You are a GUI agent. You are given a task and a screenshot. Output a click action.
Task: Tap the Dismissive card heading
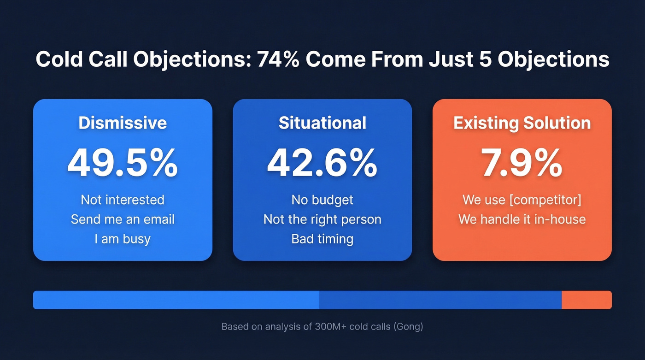click(123, 123)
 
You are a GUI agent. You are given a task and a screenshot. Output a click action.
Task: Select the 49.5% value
click(123, 163)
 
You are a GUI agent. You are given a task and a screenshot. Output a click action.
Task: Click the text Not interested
click(123, 200)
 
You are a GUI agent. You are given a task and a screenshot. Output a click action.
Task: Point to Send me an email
click(123, 219)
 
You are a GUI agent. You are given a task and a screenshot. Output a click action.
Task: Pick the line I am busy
click(123, 239)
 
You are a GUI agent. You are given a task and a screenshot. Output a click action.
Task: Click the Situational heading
click(322, 123)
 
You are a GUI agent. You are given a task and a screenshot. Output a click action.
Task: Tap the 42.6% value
click(322, 163)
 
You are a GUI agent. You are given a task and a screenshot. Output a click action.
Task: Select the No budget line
click(322, 200)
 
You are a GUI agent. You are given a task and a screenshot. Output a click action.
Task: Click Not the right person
click(322, 219)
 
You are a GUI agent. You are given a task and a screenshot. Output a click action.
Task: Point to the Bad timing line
click(322, 239)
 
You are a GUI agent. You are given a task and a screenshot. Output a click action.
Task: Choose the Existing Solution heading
click(522, 123)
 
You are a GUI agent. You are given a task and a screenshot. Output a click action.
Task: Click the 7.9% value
click(522, 163)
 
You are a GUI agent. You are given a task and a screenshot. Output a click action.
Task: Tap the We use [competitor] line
click(522, 200)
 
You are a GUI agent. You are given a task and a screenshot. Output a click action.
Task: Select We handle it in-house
click(522, 219)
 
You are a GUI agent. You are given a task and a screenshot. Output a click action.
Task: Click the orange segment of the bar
click(586, 300)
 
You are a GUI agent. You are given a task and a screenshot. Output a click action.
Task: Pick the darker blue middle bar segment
click(440, 300)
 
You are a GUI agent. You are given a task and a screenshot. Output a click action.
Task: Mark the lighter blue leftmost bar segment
click(176, 300)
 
